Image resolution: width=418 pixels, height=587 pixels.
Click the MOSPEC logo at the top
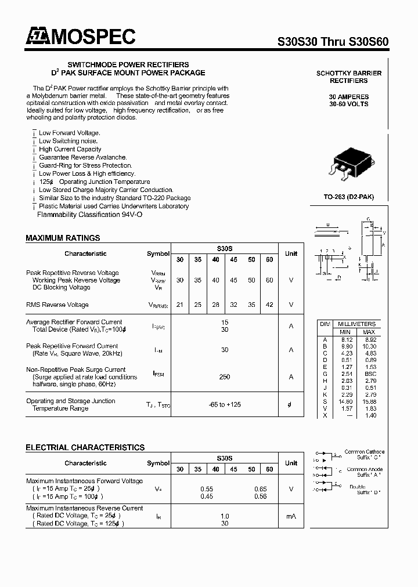pyautogui.click(x=80, y=37)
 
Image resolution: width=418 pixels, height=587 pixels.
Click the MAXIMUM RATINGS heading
pyautogui.click(x=63, y=238)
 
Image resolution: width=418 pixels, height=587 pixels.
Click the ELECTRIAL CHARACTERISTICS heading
pyautogui.click(x=85, y=447)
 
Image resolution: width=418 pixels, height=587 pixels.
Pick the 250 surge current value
pyautogui.click(x=225, y=377)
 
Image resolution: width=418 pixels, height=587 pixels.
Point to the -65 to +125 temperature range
pyautogui.click(x=225, y=404)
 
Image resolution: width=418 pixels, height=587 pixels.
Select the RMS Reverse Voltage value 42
pyautogui.click(x=269, y=305)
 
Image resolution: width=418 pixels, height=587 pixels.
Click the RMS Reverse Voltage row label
pyautogui.click(x=57, y=305)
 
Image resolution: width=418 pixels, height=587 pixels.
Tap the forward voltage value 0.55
pyautogui.click(x=207, y=489)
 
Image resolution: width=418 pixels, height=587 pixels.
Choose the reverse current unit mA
pyautogui.click(x=291, y=516)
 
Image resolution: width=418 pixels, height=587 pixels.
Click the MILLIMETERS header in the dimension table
pyautogui.click(x=356, y=324)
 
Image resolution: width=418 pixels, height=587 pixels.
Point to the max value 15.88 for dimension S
pyautogui.click(x=369, y=401)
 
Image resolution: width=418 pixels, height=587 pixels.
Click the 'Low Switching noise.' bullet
pyautogui.click(x=68, y=141)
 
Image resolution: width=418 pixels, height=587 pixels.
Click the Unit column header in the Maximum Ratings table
pyautogui.click(x=291, y=253)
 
